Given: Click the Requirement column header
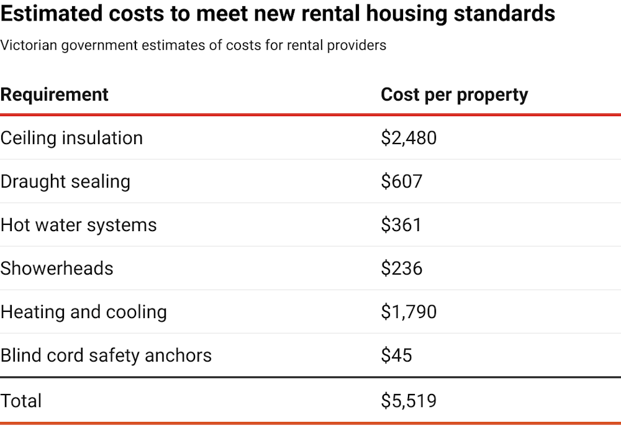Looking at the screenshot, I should click(x=55, y=94).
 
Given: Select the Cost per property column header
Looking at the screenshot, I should click(x=454, y=94).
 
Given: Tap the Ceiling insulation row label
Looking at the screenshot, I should click(x=71, y=138).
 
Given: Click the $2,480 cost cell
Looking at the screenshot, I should click(x=409, y=138).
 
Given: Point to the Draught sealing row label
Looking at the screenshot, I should click(x=65, y=181).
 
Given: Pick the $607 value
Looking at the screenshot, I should click(x=401, y=181).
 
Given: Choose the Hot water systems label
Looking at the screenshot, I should click(x=78, y=225).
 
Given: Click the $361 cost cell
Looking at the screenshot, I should click(x=401, y=225).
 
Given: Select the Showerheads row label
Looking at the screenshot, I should click(x=57, y=268).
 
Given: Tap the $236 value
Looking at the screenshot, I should click(x=401, y=268).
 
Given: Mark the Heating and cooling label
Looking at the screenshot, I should click(x=83, y=312).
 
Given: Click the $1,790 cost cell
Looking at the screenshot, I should click(x=409, y=312).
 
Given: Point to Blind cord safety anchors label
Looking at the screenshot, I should click(x=106, y=355).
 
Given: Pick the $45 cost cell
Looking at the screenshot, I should click(x=396, y=355).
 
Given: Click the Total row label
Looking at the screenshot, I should click(x=21, y=401).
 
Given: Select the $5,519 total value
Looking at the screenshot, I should click(x=409, y=401).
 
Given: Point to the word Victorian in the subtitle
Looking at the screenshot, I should click(x=25, y=45).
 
